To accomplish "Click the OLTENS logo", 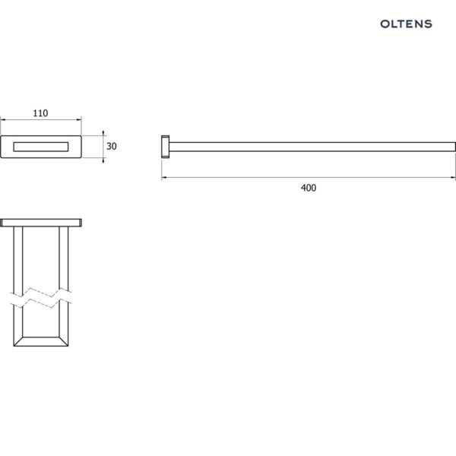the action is coord(406,24).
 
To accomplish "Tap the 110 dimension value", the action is coord(40,113).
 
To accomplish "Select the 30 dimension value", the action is coord(112,146).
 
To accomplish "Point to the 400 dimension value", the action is coord(309,188).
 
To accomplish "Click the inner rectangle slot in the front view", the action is coord(41,147).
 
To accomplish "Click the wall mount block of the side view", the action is coord(166,147).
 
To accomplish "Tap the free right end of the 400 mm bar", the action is coord(454,147).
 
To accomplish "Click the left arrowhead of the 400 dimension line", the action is coord(163,177).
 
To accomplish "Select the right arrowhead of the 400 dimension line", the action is coord(453,177).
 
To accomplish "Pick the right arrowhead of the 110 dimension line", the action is coord(79,119).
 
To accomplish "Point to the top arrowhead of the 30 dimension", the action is coord(103,133).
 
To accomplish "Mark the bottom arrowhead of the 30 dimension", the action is coord(103,160).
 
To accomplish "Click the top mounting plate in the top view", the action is coord(41,223).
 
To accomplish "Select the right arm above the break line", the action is coord(64,258).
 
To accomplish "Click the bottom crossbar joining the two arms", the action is coord(41,342).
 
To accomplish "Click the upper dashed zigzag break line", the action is coord(41,293).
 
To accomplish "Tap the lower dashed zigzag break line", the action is coord(41,302).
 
